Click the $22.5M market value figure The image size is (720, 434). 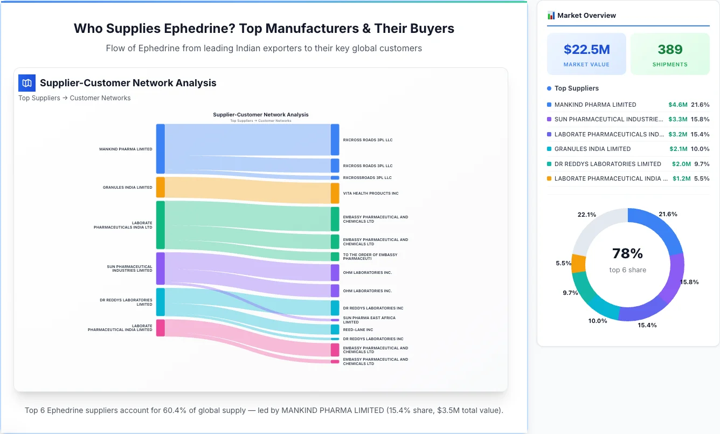tap(586, 50)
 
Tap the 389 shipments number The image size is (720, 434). tap(670, 50)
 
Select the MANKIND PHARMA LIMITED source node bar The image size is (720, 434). tap(160, 149)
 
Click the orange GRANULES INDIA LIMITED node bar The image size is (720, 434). tap(160, 187)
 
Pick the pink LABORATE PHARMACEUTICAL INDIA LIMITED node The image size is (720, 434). tap(160, 328)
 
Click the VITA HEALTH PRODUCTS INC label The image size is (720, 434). tap(371, 193)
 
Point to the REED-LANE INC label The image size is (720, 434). tap(358, 329)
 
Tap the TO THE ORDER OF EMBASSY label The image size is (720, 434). tap(370, 257)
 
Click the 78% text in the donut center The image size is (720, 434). tap(627, 253)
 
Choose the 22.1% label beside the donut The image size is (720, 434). tap(586, 215)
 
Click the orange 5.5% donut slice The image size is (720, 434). tap(578, 263)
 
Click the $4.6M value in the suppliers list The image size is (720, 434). tap(677, 105)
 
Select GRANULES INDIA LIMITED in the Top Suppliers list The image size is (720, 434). tap(592, 149)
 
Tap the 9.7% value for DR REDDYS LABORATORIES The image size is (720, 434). tap(701, 164)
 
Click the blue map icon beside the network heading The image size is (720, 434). tap(26, 83)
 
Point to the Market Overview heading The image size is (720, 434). tap(586, 15)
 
